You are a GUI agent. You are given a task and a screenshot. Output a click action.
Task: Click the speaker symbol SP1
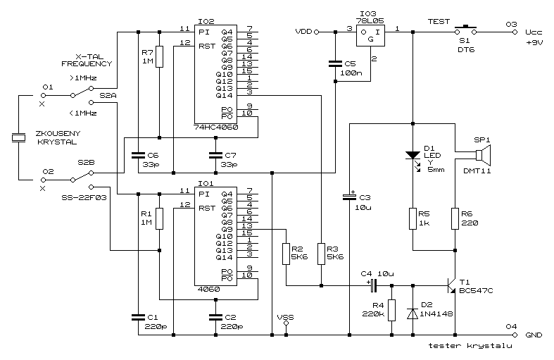(483, 155)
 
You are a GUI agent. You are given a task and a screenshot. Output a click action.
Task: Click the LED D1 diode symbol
(413, 156)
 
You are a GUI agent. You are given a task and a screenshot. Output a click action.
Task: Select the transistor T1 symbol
(451, 285)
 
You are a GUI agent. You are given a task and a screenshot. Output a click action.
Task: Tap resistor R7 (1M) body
(159, 56)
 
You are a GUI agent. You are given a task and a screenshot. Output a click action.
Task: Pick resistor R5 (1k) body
(413, 218)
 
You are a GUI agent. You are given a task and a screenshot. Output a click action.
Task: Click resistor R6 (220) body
(455, 218)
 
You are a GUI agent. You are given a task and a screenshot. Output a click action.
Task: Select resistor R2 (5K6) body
(287, 254)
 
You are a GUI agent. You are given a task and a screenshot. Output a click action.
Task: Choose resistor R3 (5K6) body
(321, 254)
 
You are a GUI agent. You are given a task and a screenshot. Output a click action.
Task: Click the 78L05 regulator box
(370, 35)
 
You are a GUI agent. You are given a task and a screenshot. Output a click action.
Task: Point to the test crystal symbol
(18, 137)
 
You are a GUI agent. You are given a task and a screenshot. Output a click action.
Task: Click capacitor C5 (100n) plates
(335, 63)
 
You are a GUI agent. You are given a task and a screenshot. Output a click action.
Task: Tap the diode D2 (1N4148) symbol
(413, 314)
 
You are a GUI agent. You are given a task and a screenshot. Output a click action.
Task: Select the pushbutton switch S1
(465, 30)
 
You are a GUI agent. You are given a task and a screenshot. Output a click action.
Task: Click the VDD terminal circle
(317, 32)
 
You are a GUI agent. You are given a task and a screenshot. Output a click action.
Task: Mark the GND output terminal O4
(515, 335)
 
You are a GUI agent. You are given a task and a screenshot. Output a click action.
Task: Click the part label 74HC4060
(216, 128)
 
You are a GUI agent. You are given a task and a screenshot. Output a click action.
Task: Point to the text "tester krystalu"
(470, 345)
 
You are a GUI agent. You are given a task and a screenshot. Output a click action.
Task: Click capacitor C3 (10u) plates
(349, 197)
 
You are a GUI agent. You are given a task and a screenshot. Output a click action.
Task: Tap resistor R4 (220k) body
(391, 310)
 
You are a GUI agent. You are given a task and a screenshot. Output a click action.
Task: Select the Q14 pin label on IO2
(225, 96)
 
